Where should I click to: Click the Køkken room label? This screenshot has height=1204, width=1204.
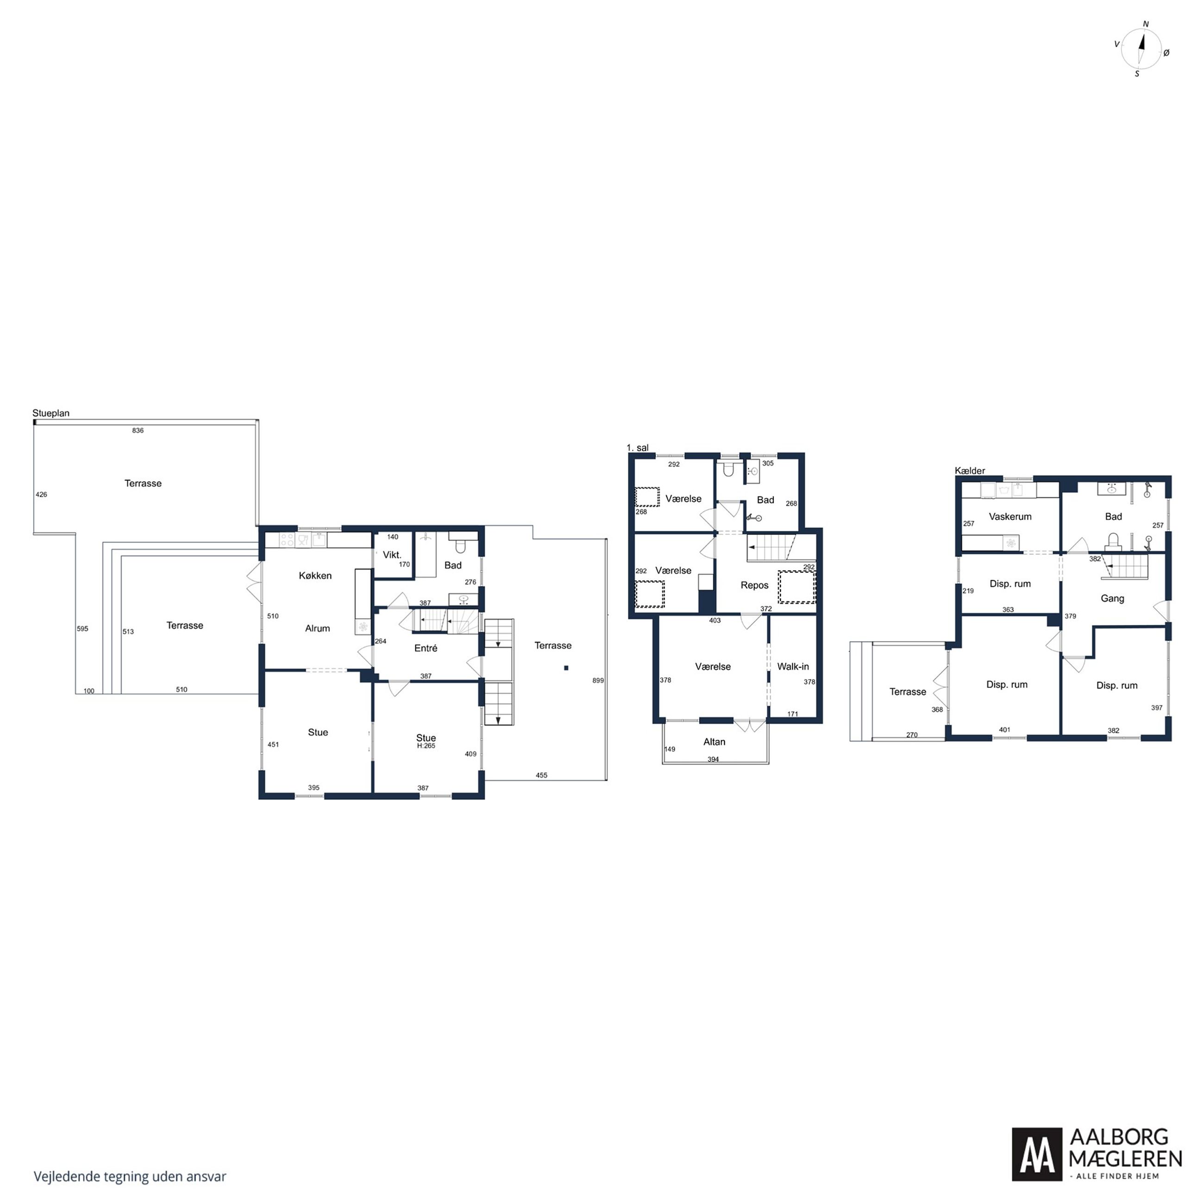click(x=315, y=575)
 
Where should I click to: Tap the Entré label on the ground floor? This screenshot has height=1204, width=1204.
click(x=426, y=648)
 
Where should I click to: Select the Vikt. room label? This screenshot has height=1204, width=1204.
click(x=392, y=555)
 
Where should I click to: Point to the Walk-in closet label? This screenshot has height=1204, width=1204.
click(x=793, y=666)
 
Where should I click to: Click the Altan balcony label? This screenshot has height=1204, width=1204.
click(x=714, y=741)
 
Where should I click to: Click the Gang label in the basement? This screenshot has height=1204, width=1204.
click(x=1112, y=598)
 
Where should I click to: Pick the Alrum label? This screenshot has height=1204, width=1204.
click(x=317, y=628)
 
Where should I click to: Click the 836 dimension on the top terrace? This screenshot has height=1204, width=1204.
click(x=138, y=430)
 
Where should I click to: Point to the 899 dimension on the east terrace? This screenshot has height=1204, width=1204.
click(x=598, y=681)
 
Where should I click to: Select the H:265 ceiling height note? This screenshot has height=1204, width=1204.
click(x=426, y=746)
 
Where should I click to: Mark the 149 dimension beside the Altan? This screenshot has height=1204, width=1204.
click(x=669, y=749)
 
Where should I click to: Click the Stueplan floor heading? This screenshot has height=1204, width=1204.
click(x=51, y=413)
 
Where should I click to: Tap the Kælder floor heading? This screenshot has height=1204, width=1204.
click(x=970, y=470)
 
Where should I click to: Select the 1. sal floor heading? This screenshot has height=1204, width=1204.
click(x=638, y=447)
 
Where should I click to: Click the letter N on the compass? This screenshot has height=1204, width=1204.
click(x=1145, y=24)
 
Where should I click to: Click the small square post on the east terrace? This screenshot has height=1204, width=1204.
click(x=566, y=668)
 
